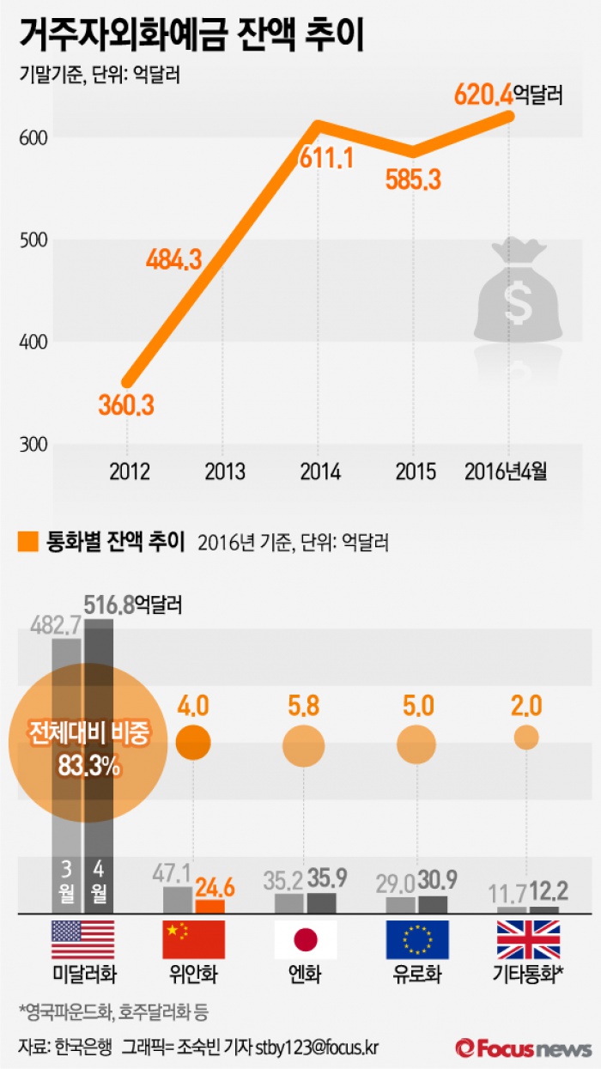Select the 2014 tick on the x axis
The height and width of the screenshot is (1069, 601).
pyautogui.click(x=320, y=471)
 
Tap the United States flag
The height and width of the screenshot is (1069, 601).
pyautogui.click(x=82, y=939)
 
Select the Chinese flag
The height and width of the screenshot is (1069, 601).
pyautogui.click(x=193, y=939)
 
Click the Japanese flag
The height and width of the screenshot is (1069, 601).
pyautogui.click(x=306, y=939)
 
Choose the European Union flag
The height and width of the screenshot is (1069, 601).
pyautogui.click(x=417, y=939)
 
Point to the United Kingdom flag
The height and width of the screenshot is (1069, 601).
pyautogui.click(x=528, y=939)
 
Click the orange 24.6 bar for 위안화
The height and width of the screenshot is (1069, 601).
pyautogui.click(x=209, y=905)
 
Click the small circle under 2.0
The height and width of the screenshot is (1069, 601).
pyautogui.click(x=526, y=737)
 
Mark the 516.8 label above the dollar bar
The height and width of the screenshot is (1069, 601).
pyautogui.click(x=109, y=605)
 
